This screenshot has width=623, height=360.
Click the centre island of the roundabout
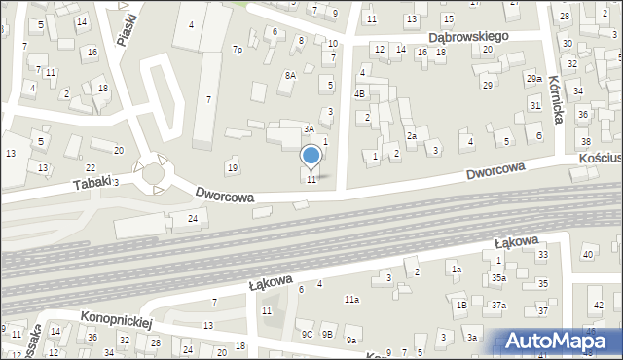coord(152,173)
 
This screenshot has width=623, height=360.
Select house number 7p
coord(237,49)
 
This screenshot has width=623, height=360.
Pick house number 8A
coord(289,75)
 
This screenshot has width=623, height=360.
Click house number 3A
coord(309,128)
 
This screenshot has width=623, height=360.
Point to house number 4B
coord(359,94)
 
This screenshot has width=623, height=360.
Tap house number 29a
coord(533,79)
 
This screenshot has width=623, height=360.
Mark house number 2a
coord(412,136)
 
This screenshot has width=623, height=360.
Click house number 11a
coord(351,300)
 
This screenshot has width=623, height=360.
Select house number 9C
coord(306,334)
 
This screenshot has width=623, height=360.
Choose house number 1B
coord(462,306)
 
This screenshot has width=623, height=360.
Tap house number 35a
coord(498,277)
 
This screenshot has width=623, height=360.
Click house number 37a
coord(498,306)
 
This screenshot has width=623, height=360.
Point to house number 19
coord(232,168)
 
